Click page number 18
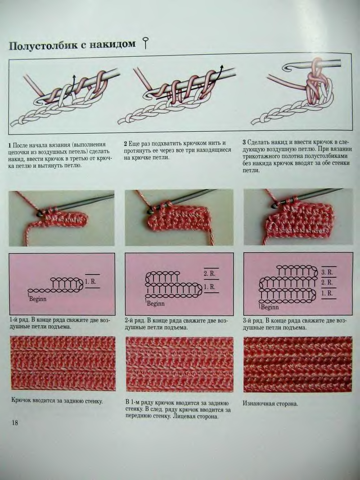[x=15, y=423]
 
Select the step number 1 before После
[x=10, y=145]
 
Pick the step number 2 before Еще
[x=126, y=143]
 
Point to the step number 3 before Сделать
[x=244, y=142]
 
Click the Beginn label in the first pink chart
[x=38, y=299]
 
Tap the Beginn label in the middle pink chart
[x=156, y=303]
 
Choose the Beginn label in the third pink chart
[x=270, y=307]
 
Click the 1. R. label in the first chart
[x=90, y=281]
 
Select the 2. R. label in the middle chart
[x=210, y=274]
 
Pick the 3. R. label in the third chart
[x=327, y=272]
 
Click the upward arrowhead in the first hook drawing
[x=74, y=77]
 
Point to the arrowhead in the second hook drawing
[x=222, y=67]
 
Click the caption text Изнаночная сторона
[x=270, y=403]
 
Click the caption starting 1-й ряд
[x=60, y=324]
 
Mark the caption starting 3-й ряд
[x=295, y=324]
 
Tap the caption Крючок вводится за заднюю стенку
[x=57, y=400]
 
